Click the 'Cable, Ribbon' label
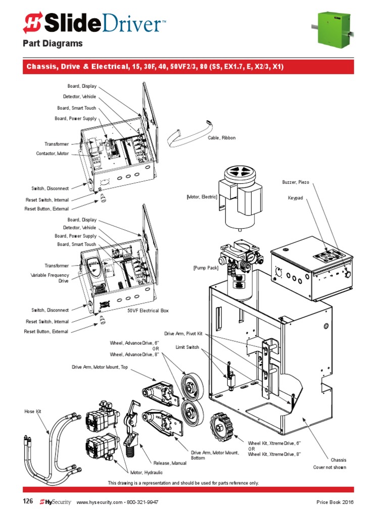pyautogui.click(x=221, y=138)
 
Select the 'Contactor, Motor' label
pyautogui.click(x=52, y=153)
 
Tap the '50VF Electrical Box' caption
pyautogui.click(x=148, y=311)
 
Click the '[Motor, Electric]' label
pyautogui.click(x=202, y=197)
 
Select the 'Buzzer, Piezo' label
pyautogui.click(x=296, y=182)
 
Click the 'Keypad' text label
pyautogui.click(x=295, y=198)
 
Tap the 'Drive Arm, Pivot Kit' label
pyautogui.click(x=183, y=334)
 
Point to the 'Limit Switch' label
pyautogui.click(x=187, y=347)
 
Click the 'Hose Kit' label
pyautogui.click(x=32, y=412)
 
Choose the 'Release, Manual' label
pyautogui.click(x=170, y=463)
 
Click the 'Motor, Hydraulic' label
pyautogui.click(x=147, y=473)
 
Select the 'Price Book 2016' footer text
pyautogui.click(x=335, y=503)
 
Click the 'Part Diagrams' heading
pyautogui.click(x=53, y=44)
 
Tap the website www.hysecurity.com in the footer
pyautogui.click(x=100, y=503)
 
